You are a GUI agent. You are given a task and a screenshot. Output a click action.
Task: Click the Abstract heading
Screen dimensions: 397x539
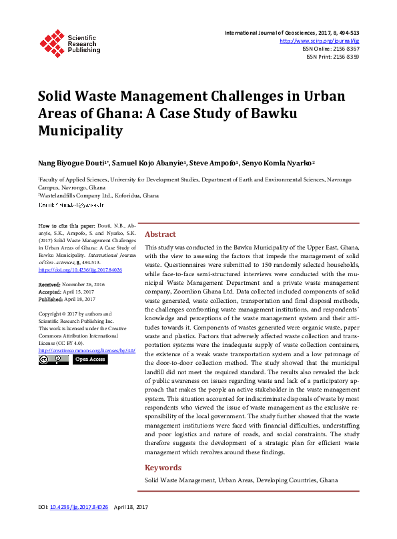pos(160,234)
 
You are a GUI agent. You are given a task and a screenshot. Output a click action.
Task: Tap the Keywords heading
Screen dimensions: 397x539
pos(163,468)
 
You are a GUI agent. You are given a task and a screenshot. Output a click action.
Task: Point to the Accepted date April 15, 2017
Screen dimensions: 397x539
pos(79,292)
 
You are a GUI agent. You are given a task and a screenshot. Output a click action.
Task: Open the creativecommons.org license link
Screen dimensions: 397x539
pos(87,350)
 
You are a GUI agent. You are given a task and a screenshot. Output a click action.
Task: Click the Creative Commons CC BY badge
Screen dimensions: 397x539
pos(53,360)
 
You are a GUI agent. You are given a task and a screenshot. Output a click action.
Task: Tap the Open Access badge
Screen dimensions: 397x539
pos(89,360)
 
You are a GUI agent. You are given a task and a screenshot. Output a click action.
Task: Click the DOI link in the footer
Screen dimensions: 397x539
pos(83,526)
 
